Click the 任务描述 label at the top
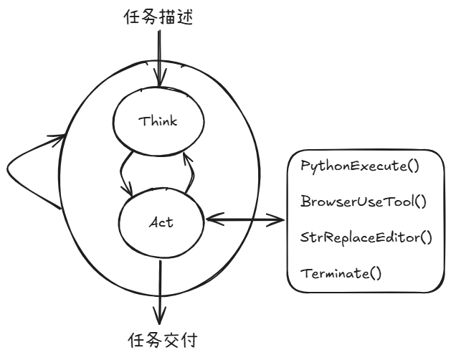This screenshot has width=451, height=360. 158,16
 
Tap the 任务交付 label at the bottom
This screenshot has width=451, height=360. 163,341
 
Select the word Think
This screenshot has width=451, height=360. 158,121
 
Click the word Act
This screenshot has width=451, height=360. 161,222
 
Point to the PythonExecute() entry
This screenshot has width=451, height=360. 360,166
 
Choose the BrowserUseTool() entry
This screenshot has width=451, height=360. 364,201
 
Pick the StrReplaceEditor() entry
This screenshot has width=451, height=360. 366,237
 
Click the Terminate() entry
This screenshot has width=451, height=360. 341,273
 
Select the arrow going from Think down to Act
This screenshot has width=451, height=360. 124,174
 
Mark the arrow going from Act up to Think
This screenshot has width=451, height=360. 189,174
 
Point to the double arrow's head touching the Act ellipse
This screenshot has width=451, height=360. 214,219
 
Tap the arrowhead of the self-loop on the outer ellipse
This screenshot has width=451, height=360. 57,139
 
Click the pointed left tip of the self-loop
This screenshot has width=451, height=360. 7,169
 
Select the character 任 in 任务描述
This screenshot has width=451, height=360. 132,16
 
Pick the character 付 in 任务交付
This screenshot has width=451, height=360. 189,341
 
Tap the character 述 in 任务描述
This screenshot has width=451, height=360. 184,17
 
